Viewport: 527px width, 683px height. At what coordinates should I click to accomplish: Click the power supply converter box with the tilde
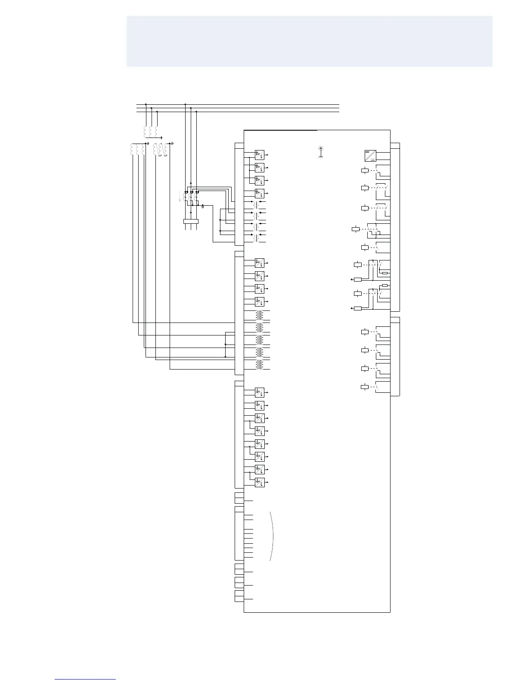370,156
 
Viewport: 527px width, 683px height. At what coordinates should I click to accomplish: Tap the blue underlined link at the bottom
85,679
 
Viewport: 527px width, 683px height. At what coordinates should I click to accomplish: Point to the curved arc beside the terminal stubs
272,536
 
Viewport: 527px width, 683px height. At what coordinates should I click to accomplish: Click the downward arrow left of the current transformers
180,197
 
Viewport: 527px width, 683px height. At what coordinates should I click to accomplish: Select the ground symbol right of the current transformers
203,207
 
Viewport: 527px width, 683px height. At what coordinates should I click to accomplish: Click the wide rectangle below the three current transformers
190,222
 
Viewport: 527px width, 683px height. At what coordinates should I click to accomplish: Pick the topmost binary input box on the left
260,154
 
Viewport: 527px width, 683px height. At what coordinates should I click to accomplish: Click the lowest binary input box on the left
260,482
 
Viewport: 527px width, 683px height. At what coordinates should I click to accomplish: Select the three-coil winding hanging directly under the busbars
150,131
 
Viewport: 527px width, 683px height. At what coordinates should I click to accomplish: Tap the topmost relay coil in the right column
365,170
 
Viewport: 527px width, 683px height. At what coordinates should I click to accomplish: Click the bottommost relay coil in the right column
365,387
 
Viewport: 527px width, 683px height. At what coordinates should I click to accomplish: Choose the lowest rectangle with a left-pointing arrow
357,308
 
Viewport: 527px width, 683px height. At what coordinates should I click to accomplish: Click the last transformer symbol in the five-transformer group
260,365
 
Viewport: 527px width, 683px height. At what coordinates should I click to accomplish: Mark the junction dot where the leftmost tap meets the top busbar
146,104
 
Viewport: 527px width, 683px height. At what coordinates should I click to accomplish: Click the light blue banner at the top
309,41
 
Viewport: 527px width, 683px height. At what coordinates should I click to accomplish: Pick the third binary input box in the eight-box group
260,418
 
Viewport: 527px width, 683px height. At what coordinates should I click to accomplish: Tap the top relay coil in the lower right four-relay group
365,332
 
